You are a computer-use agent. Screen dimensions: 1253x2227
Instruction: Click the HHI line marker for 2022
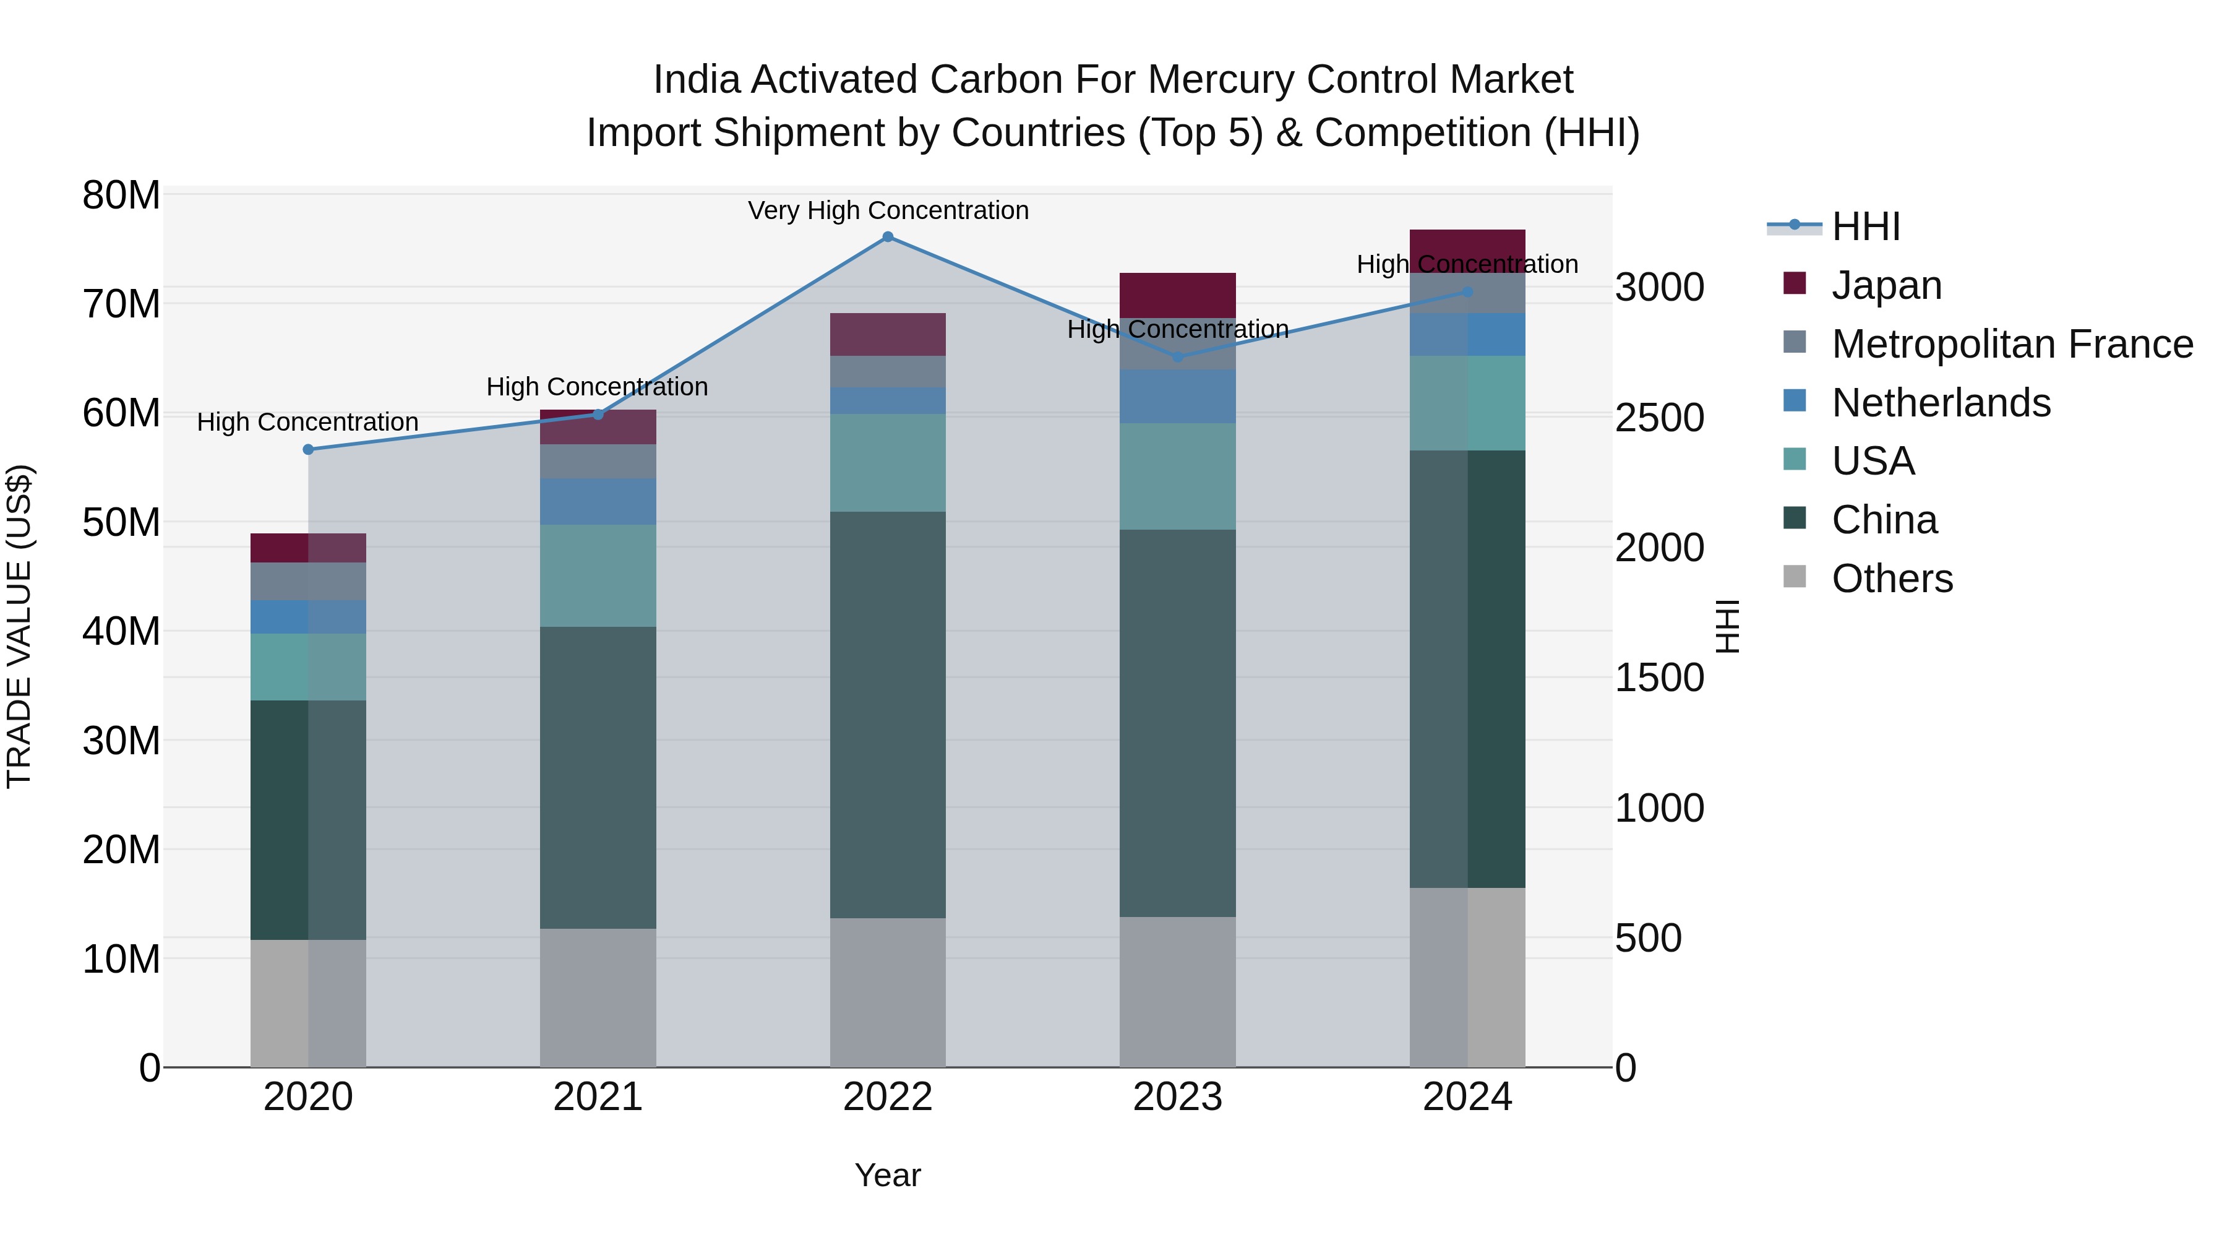point(887,236)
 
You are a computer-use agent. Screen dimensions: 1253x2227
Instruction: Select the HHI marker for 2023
point(1177,356)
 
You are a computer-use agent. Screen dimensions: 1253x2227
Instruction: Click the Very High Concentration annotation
point(888,210)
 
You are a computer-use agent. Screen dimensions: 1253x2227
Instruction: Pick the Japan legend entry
point(1886,285)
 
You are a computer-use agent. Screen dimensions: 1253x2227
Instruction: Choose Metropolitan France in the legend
point(2012,344)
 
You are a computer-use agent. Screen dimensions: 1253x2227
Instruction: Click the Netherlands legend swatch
point(1794,401)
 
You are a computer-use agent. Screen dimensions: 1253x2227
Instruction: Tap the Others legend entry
point(1892,579)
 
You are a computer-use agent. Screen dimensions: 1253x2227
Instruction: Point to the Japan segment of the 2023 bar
point(1177,295)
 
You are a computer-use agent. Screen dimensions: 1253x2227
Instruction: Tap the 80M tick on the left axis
point(121,196)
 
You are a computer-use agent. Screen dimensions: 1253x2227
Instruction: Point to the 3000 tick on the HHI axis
point(1659,287)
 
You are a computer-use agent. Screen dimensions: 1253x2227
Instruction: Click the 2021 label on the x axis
point(598,1097)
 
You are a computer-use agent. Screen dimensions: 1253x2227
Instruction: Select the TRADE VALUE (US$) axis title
point(19,626)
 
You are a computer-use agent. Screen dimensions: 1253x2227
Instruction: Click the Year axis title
point(887,1175)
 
